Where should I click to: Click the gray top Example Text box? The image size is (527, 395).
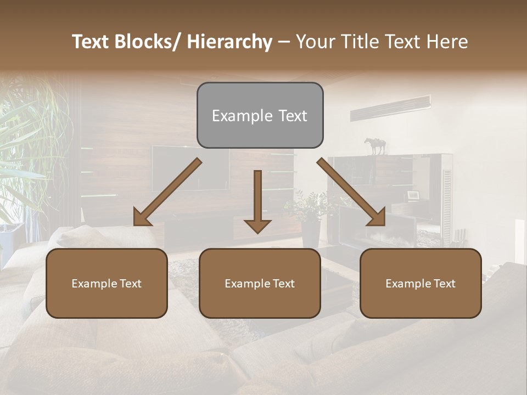click(x=260, y=115)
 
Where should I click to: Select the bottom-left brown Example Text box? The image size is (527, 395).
click(x=106, y=283)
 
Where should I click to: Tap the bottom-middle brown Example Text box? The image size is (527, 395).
click(x=260, y=283)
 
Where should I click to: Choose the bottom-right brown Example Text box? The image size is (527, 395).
click(x=421, y=283)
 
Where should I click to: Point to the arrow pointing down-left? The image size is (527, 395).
click(x=166, y=193)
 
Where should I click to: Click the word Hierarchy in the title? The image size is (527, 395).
click(x=229, y=42)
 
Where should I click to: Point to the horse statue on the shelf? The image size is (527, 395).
click(x=375, y=145)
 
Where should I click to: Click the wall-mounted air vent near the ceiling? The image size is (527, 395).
click(x=390, y=108)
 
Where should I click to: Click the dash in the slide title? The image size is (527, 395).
click(x=284, y=42)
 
